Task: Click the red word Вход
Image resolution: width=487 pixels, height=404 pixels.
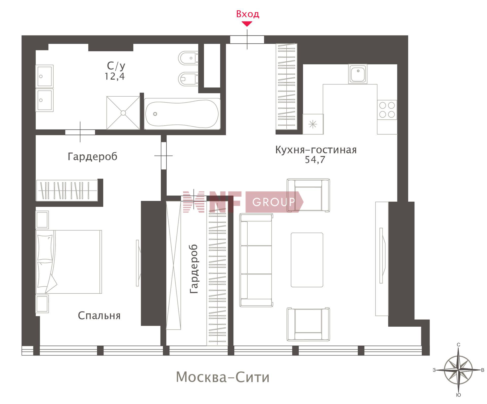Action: tap(248, 14)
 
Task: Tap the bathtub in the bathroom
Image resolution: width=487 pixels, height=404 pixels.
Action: tap(182, 114)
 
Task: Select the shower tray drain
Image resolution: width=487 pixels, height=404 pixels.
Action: tap(123, 113)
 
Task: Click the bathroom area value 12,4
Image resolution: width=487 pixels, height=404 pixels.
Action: tap(115, 76)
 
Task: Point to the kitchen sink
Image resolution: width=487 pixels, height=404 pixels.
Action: tap(358, 74)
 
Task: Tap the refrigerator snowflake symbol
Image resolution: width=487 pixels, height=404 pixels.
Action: tap(313, 124)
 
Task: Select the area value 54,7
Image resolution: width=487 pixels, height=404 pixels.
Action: tap(315, 160)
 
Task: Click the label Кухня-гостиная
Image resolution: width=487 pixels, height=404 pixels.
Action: tap(316, 150)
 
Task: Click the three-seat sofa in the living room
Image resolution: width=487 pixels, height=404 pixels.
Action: tap(256, 260)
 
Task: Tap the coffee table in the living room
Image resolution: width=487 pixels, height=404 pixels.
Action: tap(307, 260)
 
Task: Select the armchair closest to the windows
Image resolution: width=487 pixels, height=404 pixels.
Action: tap(308, 324)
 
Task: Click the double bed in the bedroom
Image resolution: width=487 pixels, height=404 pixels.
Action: tap(69, 262)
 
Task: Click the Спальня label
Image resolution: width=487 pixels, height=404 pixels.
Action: tap(99, 316)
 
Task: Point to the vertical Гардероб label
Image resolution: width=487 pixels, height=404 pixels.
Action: tap(194, 269)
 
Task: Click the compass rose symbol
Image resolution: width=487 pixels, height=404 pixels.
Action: tap(458, 370)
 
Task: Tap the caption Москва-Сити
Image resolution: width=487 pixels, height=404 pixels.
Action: tap(223, 377)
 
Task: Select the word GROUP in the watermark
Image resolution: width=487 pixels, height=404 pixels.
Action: tap(274, 202)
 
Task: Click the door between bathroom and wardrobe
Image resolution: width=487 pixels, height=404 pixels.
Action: tap(80, 132)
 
